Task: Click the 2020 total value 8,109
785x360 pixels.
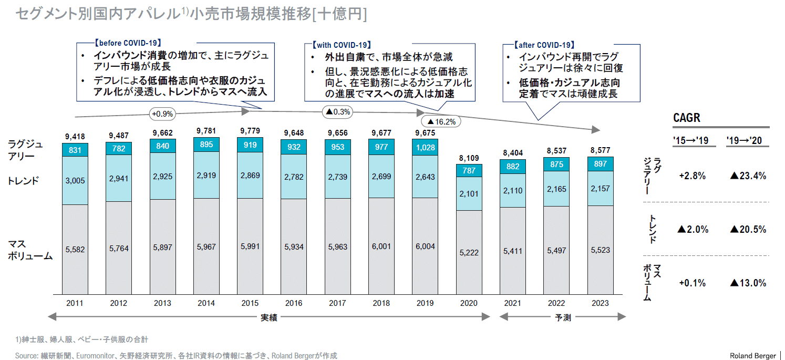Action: [468, 157]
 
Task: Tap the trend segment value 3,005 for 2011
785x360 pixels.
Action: [75, 180]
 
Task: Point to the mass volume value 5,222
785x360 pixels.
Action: [468, 252]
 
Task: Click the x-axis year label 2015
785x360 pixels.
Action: [250, 303]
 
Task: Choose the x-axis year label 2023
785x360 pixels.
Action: [600, 303]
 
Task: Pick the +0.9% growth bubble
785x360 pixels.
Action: [162, 113]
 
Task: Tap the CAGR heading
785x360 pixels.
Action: [687, 118]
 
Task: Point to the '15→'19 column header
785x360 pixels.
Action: [690, 141]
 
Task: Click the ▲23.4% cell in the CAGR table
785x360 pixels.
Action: [748, 176]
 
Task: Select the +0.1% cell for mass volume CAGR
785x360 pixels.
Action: [692, 283]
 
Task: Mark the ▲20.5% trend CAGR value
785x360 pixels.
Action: [748, 229]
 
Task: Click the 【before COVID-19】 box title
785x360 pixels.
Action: [127, 43]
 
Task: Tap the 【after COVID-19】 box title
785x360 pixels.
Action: [540, 45]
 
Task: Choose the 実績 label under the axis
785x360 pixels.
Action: [268, 317]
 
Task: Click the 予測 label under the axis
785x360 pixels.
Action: [563, 317]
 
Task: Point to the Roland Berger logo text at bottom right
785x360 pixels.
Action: [752, 356]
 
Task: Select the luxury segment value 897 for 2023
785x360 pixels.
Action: [600, 164]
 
